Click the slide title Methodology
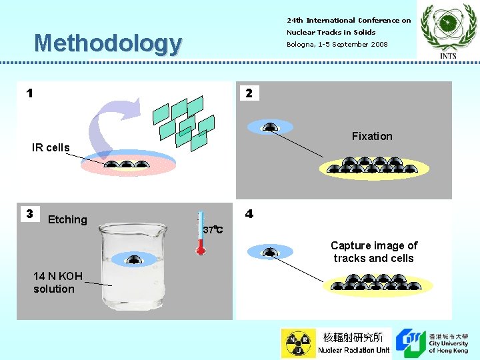point(107,43)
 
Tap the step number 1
point(29,93)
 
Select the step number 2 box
point(249,93)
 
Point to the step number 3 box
point(29,214)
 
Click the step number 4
point(249,214)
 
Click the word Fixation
point(372,136)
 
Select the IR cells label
point(51,147)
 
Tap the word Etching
point(67,219)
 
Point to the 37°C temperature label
point(213,230)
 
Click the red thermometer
point(200,234)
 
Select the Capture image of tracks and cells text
point(373,252)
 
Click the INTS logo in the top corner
point(448,30)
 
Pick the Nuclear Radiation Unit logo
point(336,343)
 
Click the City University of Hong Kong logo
point(432,343)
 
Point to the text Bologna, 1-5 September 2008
point(337,44)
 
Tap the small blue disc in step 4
point(269,252)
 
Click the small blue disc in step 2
point(269,127)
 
